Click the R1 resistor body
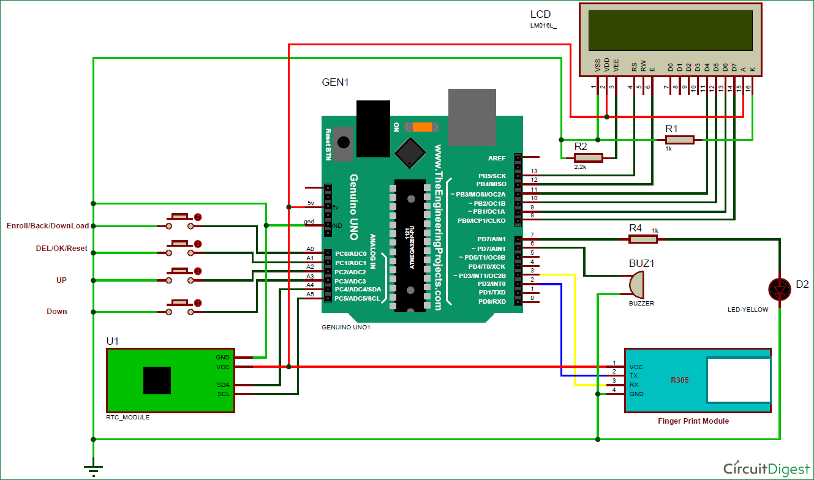click(680, 140)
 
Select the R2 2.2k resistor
click(589, 158)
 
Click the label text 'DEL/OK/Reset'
click(61, 249)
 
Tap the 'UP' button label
click(61, 280)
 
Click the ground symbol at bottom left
click(92, 470)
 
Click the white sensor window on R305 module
click(738, 380)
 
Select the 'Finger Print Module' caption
click(693, 421)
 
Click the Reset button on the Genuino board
click(343, 142)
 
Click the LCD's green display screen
click(670, 31)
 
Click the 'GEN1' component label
click(335, 82)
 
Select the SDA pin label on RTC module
click(222, 384)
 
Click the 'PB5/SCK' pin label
click(492, 176)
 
